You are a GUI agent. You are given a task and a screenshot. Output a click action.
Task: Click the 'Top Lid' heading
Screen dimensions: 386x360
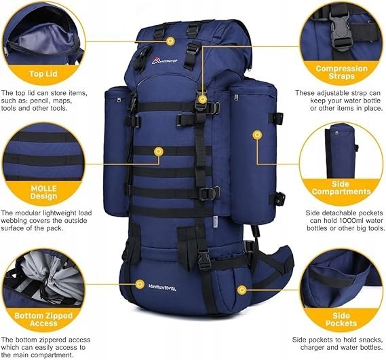[x=43, y=73]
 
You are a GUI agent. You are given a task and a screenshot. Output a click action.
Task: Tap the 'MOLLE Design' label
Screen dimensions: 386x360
[x=44, y=192]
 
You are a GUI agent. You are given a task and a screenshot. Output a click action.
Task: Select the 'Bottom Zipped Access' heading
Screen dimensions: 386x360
[x=43, y=320]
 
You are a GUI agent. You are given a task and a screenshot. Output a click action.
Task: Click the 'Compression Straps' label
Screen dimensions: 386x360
[x=342, y=72]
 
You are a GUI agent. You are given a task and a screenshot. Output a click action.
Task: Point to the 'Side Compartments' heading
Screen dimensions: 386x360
[x=341, y=187]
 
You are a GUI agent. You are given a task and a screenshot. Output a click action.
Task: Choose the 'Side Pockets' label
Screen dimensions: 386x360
[x=341, y=319]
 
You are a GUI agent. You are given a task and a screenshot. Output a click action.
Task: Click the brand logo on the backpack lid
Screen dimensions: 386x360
[x=164, y=60]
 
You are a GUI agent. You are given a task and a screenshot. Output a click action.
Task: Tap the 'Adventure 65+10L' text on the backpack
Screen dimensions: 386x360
[x=162, y=287]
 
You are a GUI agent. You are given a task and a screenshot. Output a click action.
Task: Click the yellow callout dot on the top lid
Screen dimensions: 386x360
[x=170, y=41]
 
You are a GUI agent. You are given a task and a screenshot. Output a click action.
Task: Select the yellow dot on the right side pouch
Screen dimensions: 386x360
[x=257, y=134]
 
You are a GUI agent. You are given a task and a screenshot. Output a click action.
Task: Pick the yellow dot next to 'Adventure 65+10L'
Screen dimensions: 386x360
[x=140, y=285]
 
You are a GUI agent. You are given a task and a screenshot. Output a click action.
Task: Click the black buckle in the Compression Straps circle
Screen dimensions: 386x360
[x=341, y=31]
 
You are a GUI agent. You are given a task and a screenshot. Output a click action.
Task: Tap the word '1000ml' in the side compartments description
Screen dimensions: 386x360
[x=347, y=221]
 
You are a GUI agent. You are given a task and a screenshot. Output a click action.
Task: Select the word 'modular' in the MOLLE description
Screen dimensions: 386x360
[x=28, y=213]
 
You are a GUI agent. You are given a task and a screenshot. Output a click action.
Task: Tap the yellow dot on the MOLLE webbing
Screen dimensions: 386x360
[x=159, y=151]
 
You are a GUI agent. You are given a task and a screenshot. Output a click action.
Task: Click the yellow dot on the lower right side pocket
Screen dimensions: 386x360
[x=242, y=290]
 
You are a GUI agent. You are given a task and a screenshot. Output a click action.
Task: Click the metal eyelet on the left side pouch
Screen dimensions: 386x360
[x=119, y=100]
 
